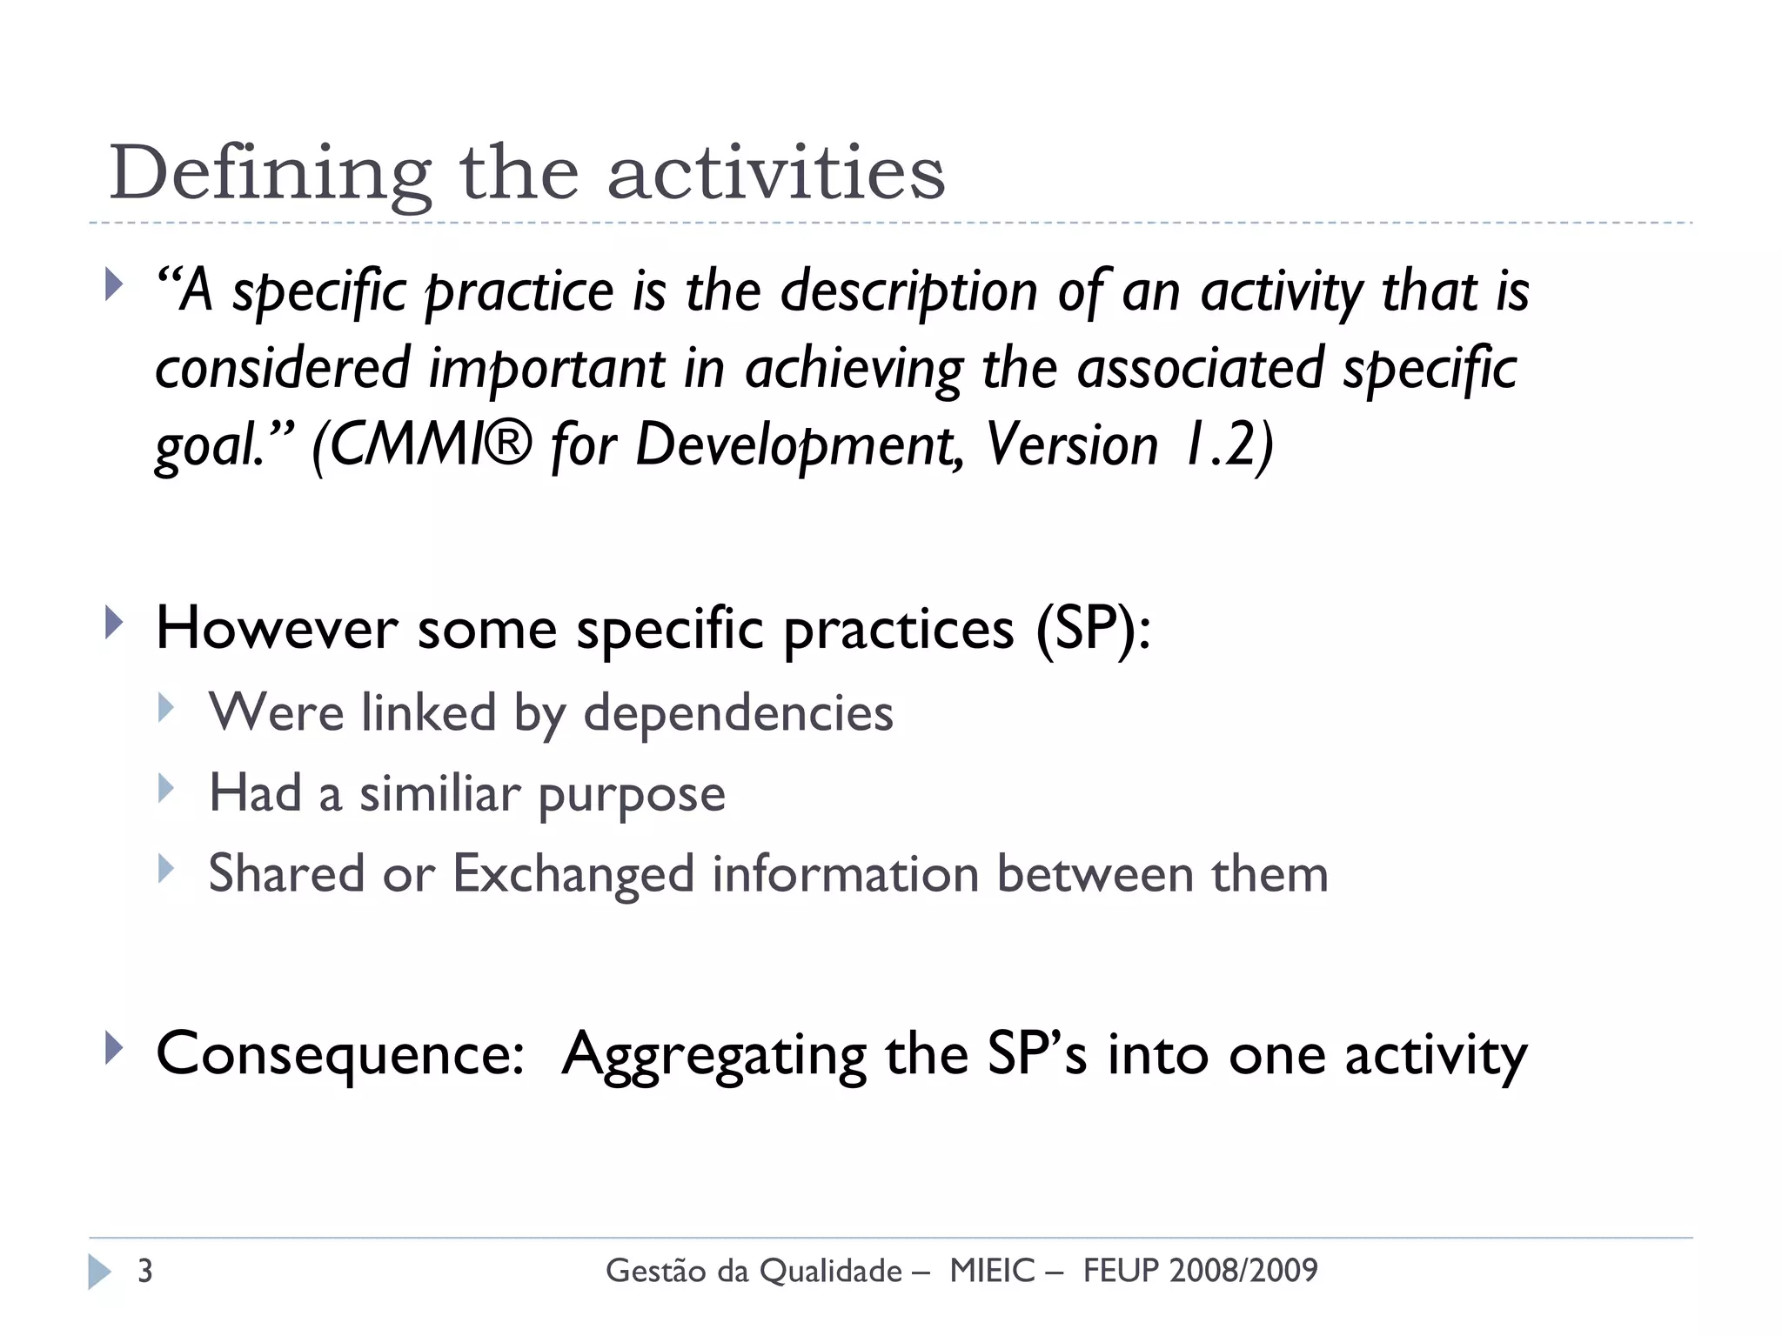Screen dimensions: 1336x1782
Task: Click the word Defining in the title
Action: coord(270,174)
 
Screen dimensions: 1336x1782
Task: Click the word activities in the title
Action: coord(775,172)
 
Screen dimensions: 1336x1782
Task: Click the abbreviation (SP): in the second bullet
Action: coord(1093,628)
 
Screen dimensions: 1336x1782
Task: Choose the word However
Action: coord(277,628)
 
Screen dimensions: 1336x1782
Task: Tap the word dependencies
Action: coord(738,714)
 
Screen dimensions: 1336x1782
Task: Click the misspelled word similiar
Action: coord(439,794)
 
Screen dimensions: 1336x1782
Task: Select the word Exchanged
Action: coord(573,874)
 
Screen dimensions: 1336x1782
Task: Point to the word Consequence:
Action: coord(339,1054)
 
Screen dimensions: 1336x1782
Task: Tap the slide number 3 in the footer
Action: coord(145,1271)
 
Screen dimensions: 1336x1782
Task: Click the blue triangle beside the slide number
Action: coord(99,1272)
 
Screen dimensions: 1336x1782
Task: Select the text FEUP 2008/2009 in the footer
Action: coord(1200,1271)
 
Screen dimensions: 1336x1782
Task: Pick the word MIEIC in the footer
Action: coord(992,1271)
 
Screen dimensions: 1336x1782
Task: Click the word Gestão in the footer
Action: coord(655,1271)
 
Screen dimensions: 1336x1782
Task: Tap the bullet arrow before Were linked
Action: coord(166,708)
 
